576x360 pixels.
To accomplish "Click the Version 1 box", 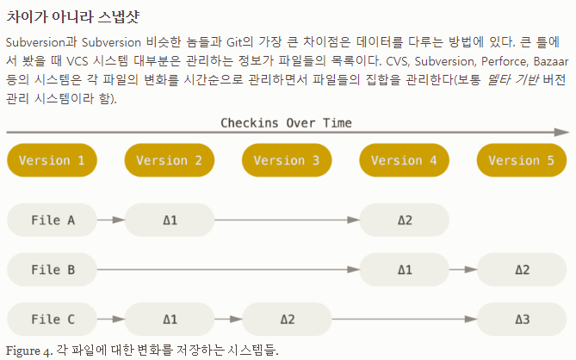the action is [52, 160].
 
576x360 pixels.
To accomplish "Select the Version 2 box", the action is [169, 160].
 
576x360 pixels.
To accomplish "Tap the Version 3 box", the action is [287, 160].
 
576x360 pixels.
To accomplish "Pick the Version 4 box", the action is [404, 160].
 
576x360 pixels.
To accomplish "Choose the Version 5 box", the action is [522, 160].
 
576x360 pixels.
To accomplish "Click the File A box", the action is [52, 220].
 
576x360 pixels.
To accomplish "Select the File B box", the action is [52, 270].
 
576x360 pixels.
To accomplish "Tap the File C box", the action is [52, 320].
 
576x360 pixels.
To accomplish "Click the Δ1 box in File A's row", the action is [169, 220].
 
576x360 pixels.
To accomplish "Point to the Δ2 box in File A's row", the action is [404, 220].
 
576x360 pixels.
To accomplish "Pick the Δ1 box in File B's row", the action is [404, 270].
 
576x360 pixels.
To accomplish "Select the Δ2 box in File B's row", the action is [522, 270].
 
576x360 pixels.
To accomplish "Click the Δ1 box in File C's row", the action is [169, 320].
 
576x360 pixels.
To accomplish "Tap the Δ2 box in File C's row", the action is [287, 320].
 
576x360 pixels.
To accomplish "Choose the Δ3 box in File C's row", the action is [522, 320].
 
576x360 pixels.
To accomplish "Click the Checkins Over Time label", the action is [286, 122].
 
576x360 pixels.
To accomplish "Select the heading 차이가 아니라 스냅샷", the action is [73, 16].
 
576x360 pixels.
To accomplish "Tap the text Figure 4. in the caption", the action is [28, 351].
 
